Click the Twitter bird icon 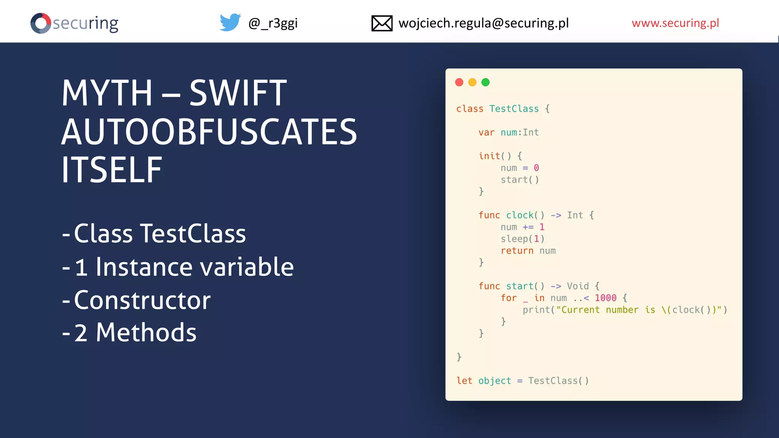(x=230, y=22)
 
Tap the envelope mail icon (x=382, y=23)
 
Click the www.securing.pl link (x=675, y=23)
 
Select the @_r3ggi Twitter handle (x=273, y=23)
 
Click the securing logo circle (x=41, y=23)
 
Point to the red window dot (x=459, y=82)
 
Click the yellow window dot (x=472, y=82)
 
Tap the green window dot (x=485, y=82)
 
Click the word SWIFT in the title (x=238, y=93)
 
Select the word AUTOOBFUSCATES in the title (x=209, y=132)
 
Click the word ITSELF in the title (x=112, y=170)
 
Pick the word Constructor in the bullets (x=142, y=300)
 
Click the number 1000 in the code (x=606, y=298)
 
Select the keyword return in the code (x=517, y=251)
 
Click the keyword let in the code (x=464, y=381)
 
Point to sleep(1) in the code (x=523, y=239)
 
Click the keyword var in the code (x=486, y=132)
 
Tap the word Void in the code (x=578, y=286)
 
